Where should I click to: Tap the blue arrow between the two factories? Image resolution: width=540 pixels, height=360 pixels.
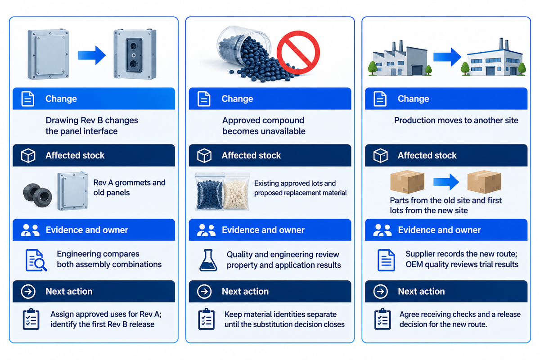[447, 57]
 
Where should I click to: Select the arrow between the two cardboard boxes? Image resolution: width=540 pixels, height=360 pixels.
[446, 182]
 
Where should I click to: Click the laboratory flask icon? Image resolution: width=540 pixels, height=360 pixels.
[208, 260]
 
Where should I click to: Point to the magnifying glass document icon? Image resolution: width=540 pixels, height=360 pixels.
[36, 260]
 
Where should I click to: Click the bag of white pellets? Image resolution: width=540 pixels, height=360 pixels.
[236, 192]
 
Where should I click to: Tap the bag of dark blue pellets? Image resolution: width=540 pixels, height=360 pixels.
[210, 192]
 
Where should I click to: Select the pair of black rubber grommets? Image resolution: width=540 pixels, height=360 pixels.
[37, 195]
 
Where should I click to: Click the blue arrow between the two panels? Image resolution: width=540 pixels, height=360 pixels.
[92, 55]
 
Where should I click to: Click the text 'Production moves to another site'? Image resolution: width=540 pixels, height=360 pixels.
[456, 120]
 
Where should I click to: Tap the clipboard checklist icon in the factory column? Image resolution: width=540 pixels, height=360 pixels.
[382, 319]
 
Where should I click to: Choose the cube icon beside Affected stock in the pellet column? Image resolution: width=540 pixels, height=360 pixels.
[204, 155]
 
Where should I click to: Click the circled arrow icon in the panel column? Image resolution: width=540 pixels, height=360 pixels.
[28, 291]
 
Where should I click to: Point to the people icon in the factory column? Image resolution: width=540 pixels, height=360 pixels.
[382, 230]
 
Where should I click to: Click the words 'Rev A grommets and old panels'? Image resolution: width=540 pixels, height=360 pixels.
[129, 188]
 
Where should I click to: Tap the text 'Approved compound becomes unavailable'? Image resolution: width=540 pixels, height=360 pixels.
[264, 126]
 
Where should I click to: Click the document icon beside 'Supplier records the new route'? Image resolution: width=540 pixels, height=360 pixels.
[386, 260]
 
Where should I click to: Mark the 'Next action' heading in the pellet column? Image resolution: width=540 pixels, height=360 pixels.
[245, 291]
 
